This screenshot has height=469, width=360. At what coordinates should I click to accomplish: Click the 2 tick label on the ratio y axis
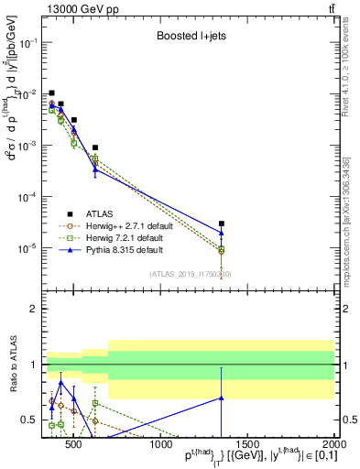tap(33, 309)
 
